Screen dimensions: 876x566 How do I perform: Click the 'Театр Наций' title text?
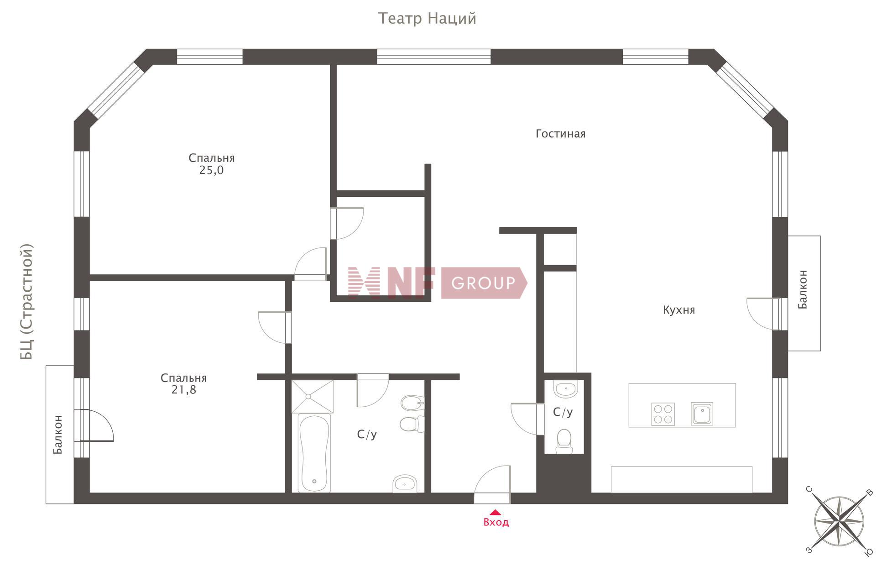[427, 19]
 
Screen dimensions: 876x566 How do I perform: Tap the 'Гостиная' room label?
[560, 134]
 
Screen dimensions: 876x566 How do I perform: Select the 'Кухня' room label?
[679, 310]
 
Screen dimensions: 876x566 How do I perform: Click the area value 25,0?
[212, 170]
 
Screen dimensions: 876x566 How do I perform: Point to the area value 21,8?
[184, 390]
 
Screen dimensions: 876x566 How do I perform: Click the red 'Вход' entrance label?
[496, 522]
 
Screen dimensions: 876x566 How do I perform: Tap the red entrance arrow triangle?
[495, 513]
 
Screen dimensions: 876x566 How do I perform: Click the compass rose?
[839, 521]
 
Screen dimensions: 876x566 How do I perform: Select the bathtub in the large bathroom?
[314, 453]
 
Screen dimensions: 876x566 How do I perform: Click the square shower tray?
[313, 397]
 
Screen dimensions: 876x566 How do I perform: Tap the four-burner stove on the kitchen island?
[663, 414]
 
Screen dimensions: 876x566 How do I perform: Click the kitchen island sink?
[702, 414]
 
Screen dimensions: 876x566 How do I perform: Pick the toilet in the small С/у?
[564, 441]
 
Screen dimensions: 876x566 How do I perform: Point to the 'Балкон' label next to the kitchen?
[803, 289]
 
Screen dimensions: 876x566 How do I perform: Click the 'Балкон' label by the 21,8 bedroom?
[58, 435]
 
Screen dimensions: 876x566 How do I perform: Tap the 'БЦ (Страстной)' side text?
[27, 302]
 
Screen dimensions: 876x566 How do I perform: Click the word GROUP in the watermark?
[483, 283]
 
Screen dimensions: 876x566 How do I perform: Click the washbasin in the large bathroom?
[405, 484]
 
